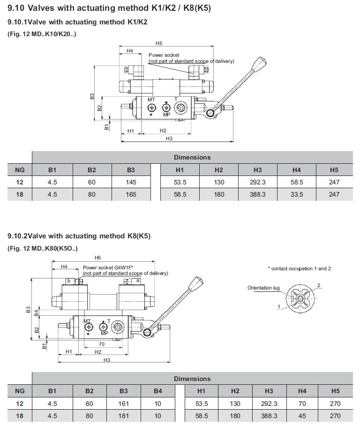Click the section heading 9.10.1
click(77, 22)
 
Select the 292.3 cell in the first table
click(257, 182)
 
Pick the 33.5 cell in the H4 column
click(296, 194)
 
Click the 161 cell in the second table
click(123, 404)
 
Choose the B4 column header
click(158, 391)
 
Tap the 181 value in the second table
click(123, 416)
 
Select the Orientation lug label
click(263, 288)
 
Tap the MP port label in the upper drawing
click(166, 114)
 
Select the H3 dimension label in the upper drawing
click(169, 138)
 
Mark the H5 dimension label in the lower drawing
click(97, 258)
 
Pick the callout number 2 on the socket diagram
click(318, 285)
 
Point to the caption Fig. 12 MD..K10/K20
click(42, 34)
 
